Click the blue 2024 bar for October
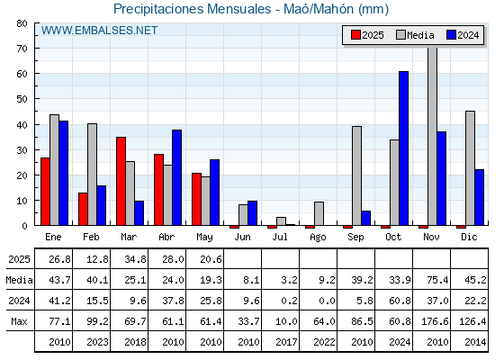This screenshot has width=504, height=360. click(404, 148)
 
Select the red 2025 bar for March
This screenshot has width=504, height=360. click(121, 181)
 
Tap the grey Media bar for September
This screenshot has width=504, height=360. click(356, 175)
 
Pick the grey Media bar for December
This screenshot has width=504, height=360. click(470, 168)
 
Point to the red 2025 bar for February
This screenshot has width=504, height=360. click(83, 209)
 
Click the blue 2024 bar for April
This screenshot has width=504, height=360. click(176, 177)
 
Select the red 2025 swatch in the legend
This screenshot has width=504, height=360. click(355, 35)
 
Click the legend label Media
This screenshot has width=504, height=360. click(420, 35)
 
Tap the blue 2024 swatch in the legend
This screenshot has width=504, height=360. click(451, 35)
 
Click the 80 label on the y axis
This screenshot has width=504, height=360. click(22, 23)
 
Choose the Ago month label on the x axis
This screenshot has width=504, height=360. click(318, 238)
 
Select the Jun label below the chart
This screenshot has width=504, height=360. click(242, 238)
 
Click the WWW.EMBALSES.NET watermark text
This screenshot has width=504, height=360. click(99, 31)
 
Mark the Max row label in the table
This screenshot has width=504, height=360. click(19, 321)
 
